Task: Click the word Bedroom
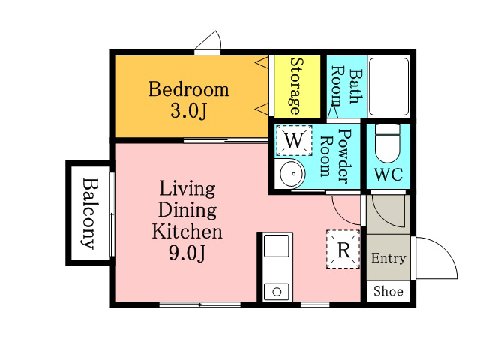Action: [188, 89]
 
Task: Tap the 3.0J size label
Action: [189, 111]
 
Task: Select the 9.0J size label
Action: [187, 253]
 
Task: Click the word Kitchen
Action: [187, 232]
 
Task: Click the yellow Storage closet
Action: [297, 86]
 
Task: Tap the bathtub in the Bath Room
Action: [388, 87]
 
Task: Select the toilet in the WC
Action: [388, 143]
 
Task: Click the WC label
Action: [388, 175]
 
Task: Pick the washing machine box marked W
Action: [294, 140]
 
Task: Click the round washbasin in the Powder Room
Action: [292, 173]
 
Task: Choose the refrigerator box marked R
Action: [343, 250]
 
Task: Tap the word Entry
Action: [388, 258]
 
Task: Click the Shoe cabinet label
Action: [388, 291]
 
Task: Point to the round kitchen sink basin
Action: [277, 292]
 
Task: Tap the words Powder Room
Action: [335, 155]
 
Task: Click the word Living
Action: [187, 189]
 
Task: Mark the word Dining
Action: [187, 210]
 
